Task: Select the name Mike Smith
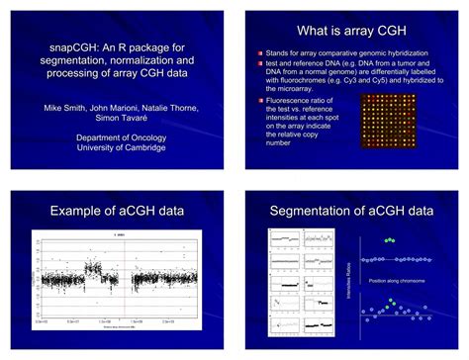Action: (64, 107)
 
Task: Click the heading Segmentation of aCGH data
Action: (353, 211)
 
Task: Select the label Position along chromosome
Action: (397, 281)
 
